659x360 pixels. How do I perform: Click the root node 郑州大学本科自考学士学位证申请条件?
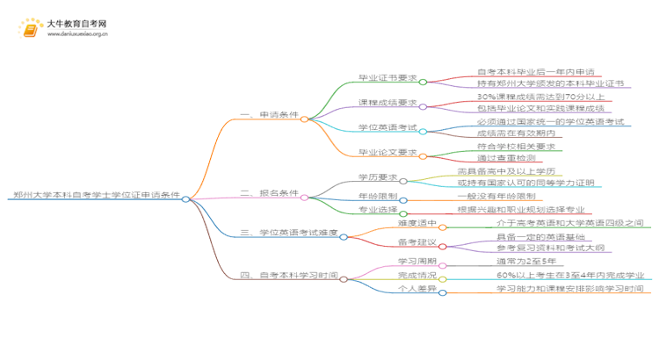[97, 197]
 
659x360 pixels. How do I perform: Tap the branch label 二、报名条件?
[268, 193]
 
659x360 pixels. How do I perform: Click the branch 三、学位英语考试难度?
[288, 233]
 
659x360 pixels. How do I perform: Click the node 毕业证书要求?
[387, 77]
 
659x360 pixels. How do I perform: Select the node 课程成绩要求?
[387, 103]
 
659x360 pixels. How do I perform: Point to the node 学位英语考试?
[387, 128]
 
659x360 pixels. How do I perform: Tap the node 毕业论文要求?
[387, 154]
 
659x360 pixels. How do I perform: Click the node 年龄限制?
[375, 197]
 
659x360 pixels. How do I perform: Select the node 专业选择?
[375, 212]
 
